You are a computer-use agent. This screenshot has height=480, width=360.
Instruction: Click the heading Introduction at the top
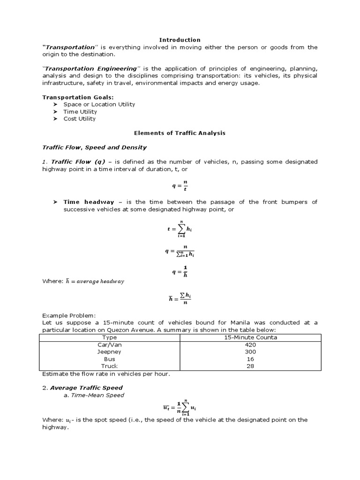click(180, 40)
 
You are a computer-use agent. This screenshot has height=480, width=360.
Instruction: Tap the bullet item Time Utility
click(80, 112)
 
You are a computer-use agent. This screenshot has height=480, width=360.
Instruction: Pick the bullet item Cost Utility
click(79, 119)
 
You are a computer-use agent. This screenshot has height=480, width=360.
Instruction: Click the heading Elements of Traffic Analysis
click(180, 133)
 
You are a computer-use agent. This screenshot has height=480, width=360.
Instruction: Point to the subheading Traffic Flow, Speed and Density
click(95, 147)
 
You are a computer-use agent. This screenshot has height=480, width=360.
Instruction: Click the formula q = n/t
click(180, 185)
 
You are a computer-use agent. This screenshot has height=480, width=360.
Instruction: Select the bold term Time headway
click(89, 202)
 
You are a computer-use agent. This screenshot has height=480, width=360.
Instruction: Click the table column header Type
click(110, 337)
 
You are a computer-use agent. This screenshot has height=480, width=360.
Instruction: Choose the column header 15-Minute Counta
click(250, 337)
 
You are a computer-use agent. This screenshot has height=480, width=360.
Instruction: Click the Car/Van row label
click(110, 345)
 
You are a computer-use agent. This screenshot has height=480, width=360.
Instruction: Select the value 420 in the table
click(250, 345)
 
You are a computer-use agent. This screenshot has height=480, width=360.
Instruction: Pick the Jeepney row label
click(110, 352)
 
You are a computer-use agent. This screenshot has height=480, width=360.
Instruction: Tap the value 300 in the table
click(250, 352)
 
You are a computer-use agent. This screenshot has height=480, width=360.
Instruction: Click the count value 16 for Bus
click(250, 359)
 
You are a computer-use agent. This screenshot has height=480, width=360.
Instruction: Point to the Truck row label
click(110, 366)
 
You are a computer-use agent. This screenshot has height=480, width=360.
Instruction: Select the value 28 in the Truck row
click(250, 366)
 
